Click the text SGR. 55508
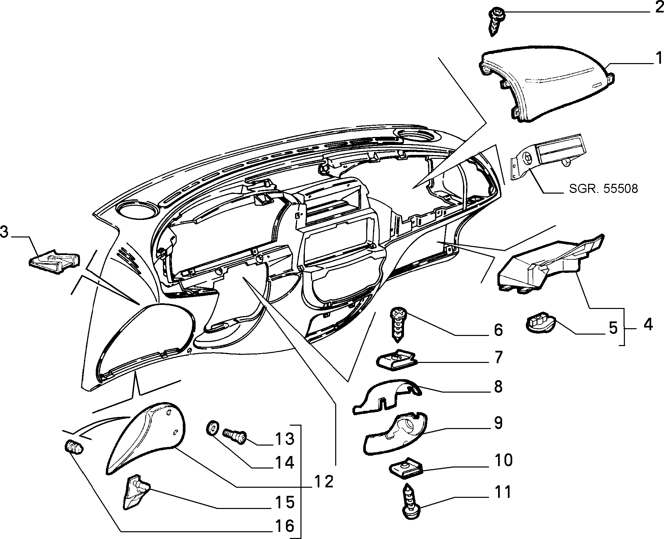pyautogui.click(x=603, y=189)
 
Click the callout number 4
pyautogui.click(x=648, y=324)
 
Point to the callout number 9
pyautogui.click(x=498, y=423)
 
